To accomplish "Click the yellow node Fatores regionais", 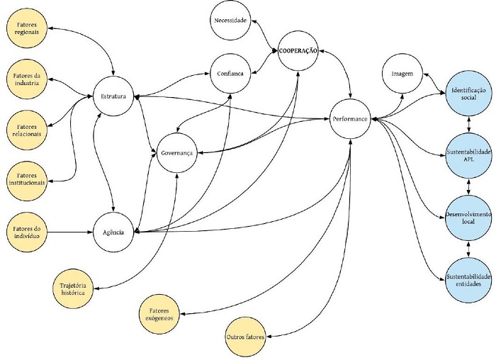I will point(26,28).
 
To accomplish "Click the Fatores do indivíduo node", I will point(26,232).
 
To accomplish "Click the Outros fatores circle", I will point(244,337).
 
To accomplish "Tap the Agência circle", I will point(114,232).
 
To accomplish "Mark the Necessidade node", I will point(230,21).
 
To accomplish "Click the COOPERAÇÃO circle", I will point(298,50).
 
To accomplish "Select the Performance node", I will point(350,119).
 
